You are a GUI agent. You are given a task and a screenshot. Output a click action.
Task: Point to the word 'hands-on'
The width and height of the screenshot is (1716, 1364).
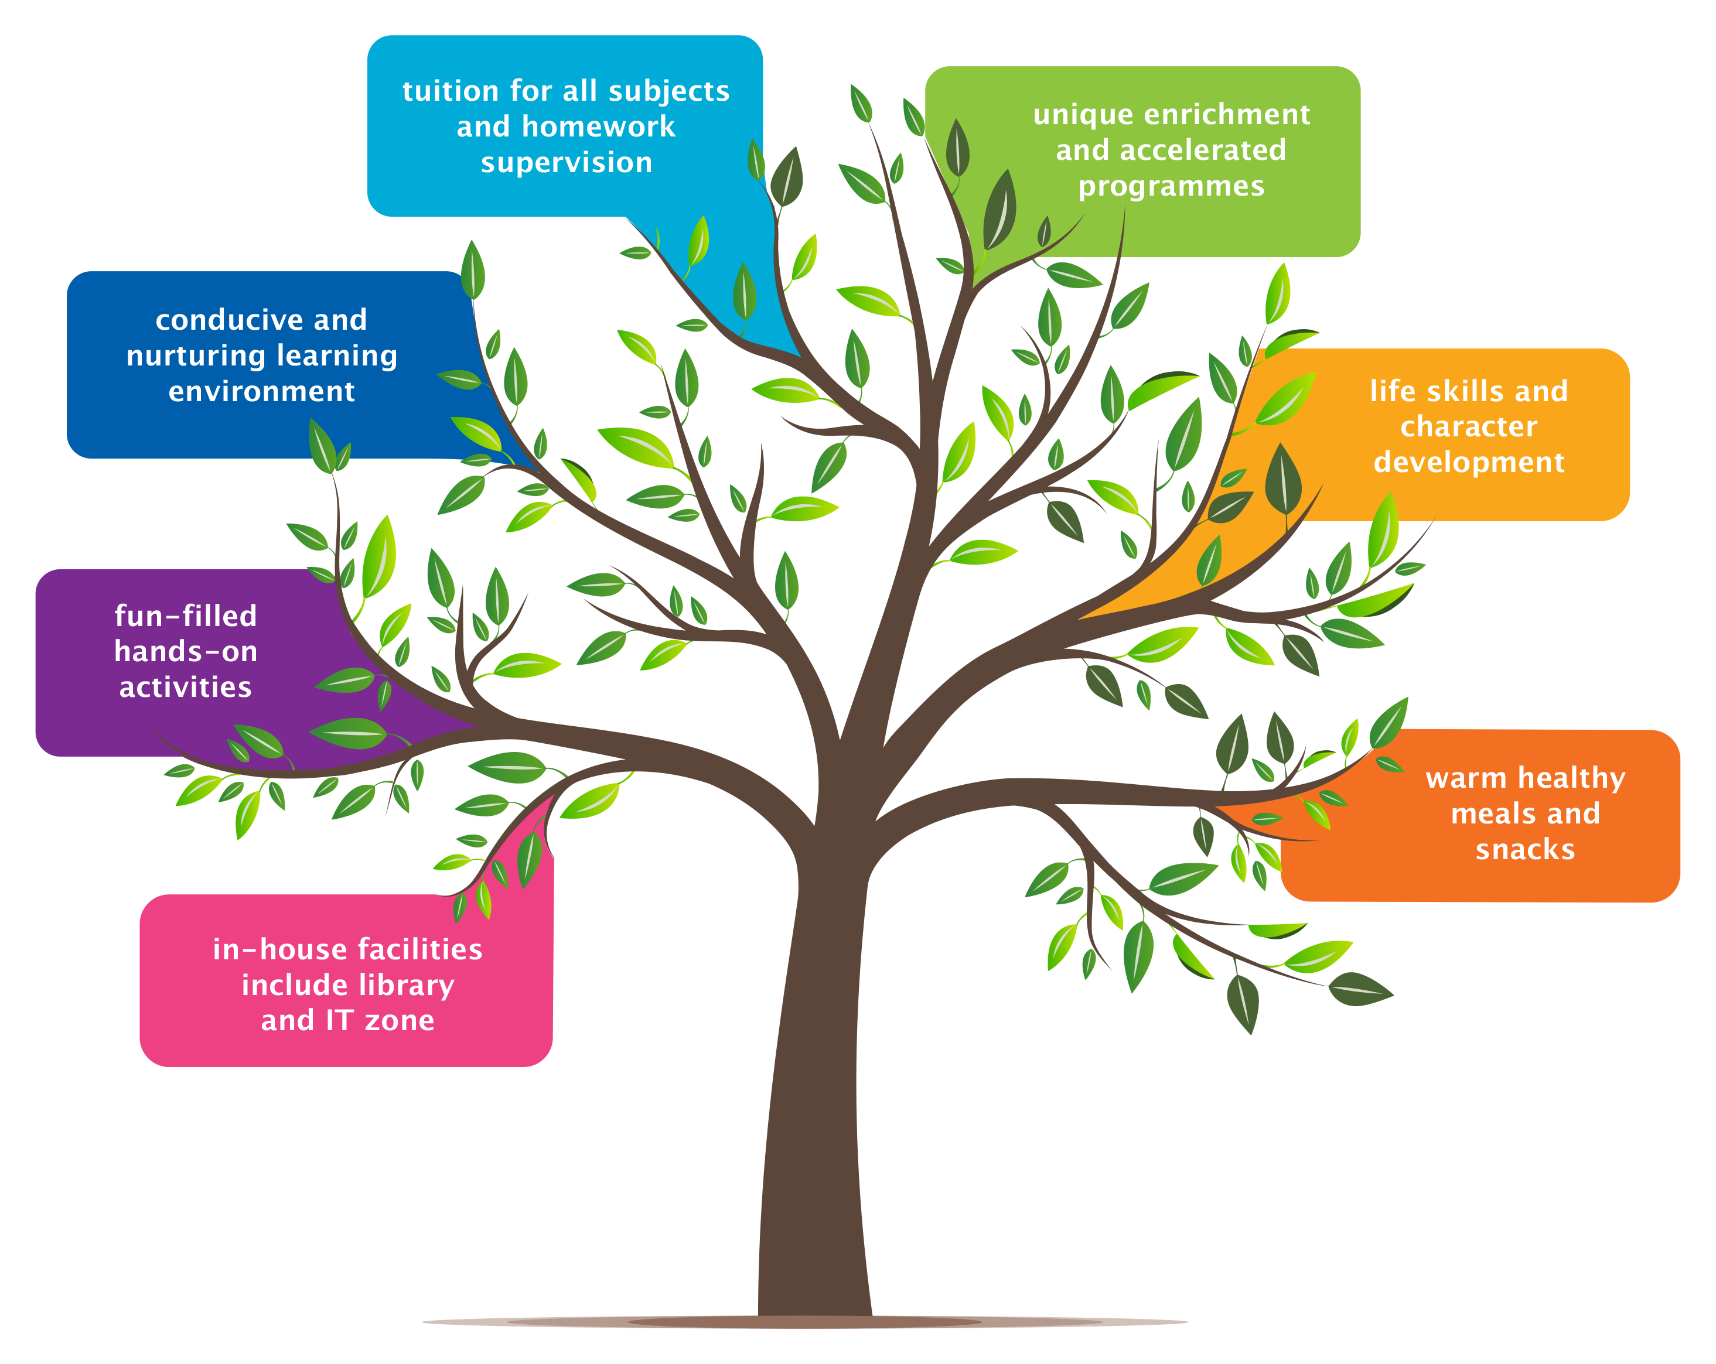click(x=186, y=652)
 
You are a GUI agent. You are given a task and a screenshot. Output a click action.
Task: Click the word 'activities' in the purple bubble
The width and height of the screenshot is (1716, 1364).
click(x=186, y=688)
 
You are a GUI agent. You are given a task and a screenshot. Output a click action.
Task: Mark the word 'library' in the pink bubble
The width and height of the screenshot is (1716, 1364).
click(x=405, y=985)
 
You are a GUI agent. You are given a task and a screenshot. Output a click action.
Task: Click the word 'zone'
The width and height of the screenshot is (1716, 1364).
click(x=400, y=1021)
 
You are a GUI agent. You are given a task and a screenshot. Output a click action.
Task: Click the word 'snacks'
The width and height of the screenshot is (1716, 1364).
click(x=1525, y=850)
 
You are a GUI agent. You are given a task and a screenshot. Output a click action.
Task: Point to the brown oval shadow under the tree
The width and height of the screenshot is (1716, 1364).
click(x=804, y=1322)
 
